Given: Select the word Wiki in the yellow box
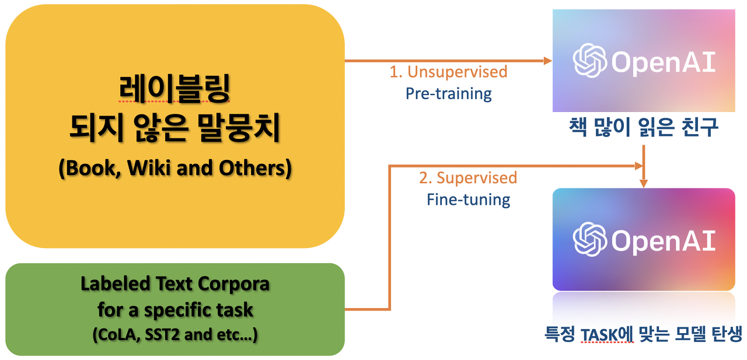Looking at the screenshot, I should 149,168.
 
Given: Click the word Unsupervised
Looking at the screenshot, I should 457,72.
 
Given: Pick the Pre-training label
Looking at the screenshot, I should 449,93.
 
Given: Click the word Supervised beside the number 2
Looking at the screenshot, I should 476,177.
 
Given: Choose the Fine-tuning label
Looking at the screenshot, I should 469,200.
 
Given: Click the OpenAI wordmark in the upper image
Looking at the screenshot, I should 662,62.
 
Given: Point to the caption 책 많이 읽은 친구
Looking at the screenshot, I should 643,128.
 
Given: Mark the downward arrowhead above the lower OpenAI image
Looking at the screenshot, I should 644,183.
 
